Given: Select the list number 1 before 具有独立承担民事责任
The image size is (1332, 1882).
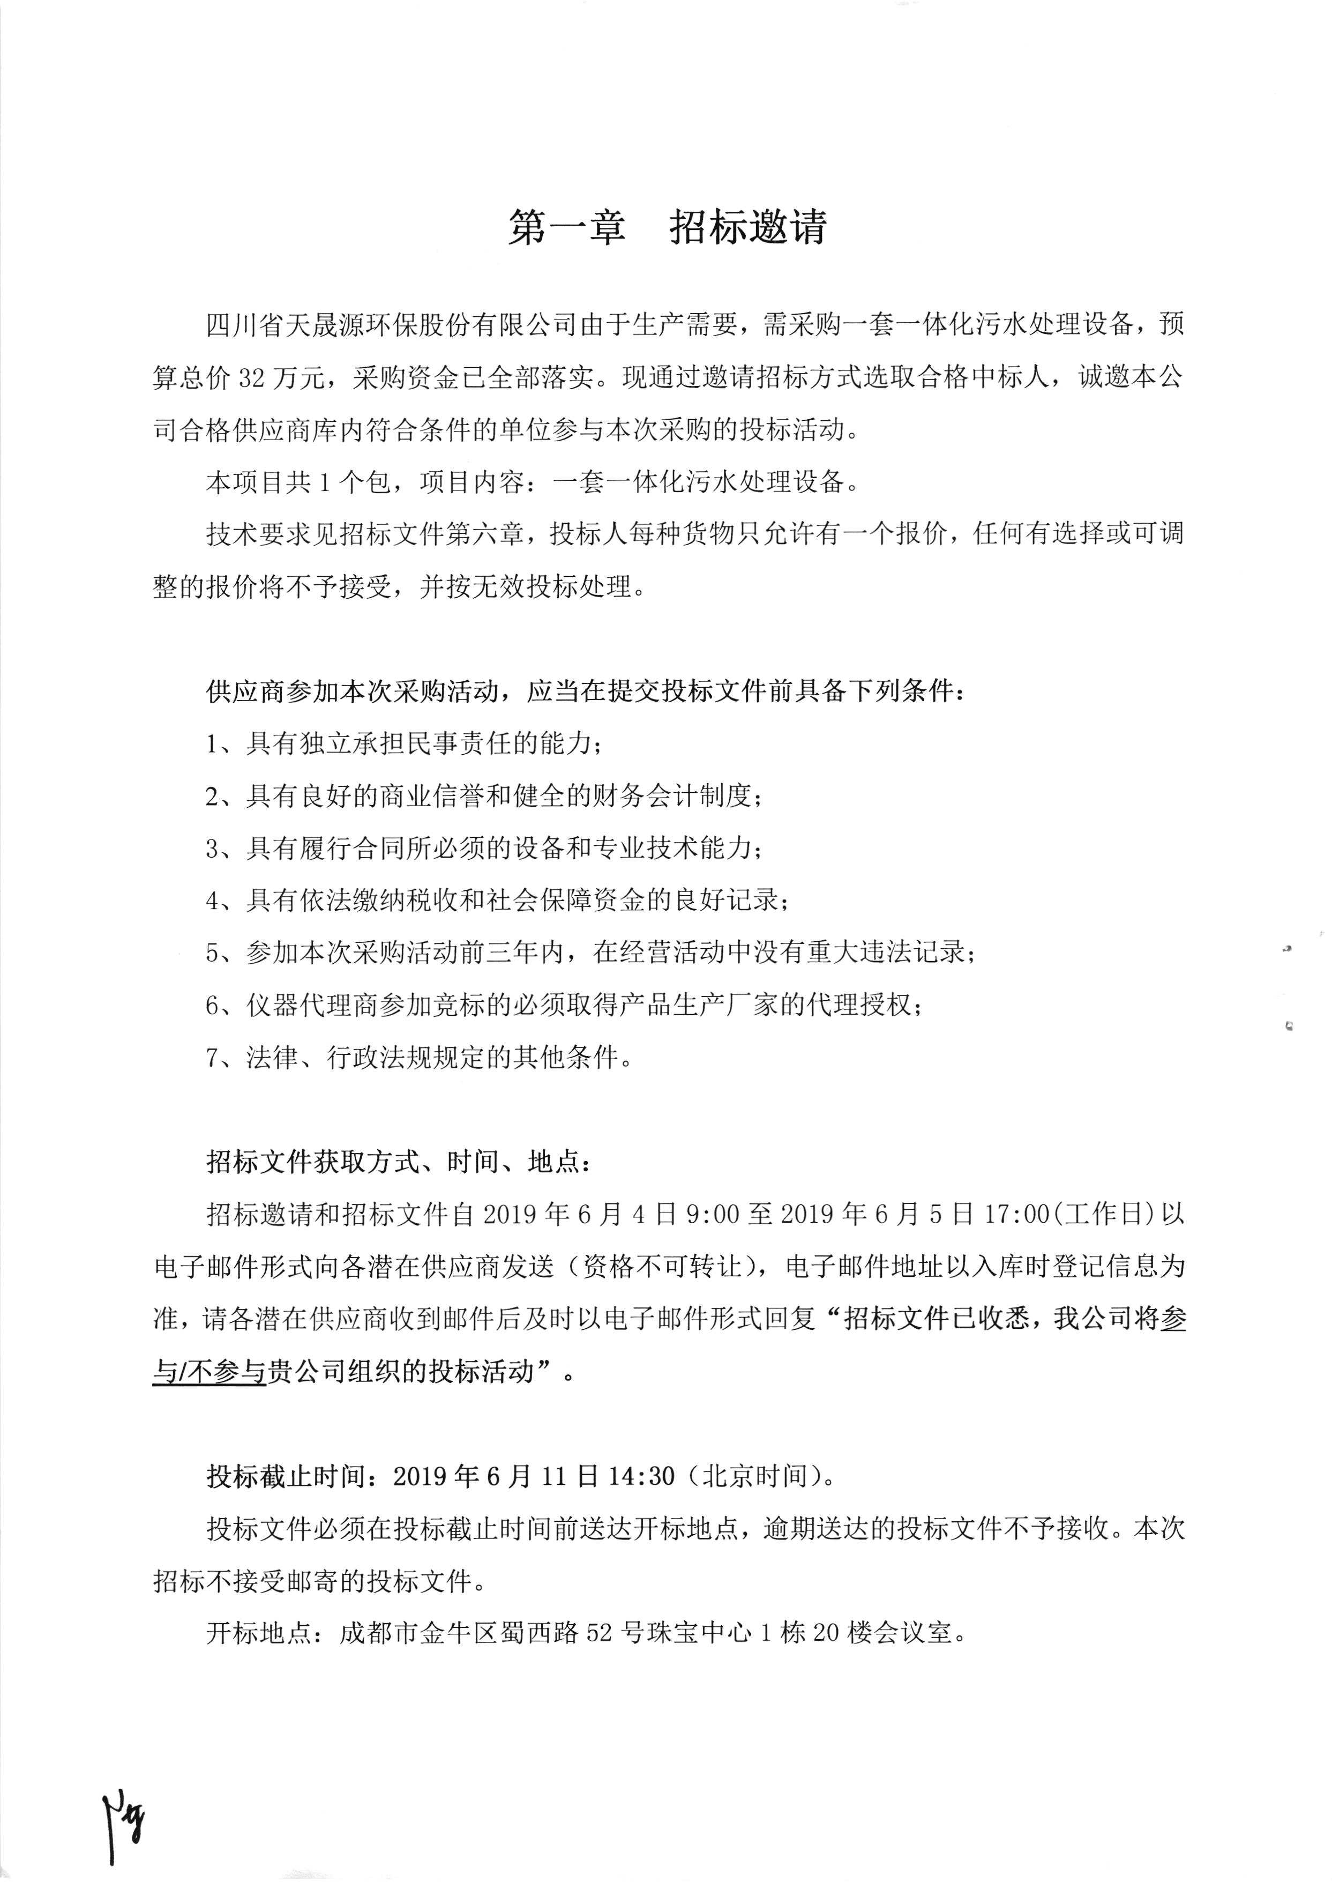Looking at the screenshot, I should point(212,745).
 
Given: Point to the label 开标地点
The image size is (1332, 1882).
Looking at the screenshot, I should point(258,1633).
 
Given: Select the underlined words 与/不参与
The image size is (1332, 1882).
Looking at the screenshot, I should point(209,1372).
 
